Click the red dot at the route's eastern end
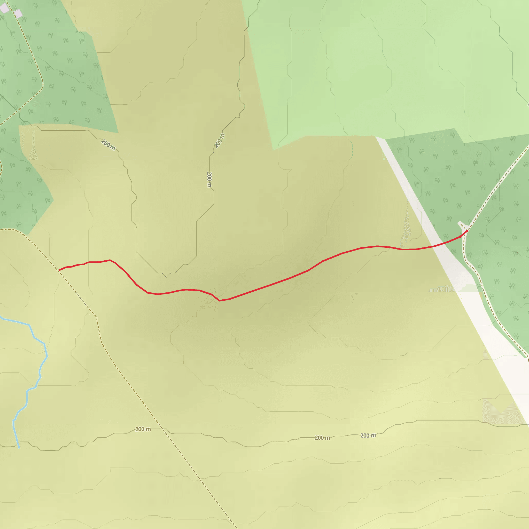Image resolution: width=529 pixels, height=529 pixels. [467, 231]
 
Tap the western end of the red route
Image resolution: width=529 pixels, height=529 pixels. [59, 270]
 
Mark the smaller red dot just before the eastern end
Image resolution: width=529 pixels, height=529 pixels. [460, 237]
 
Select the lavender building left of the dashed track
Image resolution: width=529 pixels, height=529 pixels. [4, 8]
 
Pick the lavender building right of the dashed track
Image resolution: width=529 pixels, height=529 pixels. [18, 13]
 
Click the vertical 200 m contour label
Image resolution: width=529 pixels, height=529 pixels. [209, 179]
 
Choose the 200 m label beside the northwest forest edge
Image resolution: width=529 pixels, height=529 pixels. [108, 145]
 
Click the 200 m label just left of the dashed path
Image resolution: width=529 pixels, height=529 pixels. [143, 429]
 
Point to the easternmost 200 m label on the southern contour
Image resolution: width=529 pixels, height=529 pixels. [368, 435]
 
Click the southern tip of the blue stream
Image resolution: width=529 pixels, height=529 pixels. [19, 448]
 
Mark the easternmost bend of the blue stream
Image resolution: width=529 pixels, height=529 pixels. [47, 356]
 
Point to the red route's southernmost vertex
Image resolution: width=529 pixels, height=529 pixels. [219, 301]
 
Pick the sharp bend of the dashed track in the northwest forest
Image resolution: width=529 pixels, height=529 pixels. [42, 85]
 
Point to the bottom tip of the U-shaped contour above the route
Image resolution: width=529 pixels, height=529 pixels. [166, 277]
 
